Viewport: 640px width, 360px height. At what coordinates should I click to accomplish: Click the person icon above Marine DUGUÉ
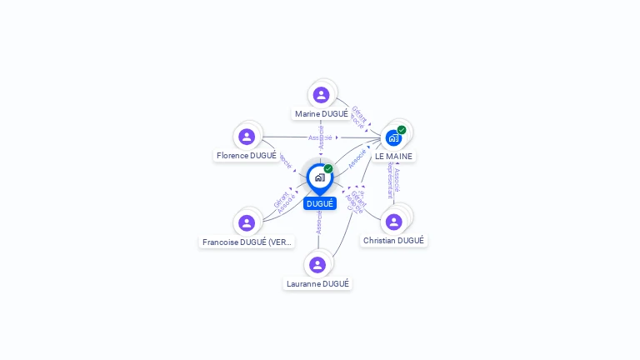(x=322, y=94)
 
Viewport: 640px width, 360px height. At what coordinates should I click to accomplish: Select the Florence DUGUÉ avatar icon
(x=247, y=137)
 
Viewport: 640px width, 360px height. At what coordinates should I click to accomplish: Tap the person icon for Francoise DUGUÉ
(x=247, y=222)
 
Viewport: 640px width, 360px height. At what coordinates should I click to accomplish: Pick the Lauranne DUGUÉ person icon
(x=317, y=265)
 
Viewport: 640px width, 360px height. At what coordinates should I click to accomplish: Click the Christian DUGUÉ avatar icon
(x=394, y=222)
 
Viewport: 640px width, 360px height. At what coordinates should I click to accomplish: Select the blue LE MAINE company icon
(x=393, y=137)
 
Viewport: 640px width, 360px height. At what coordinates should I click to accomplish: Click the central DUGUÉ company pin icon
(x=319, y=177)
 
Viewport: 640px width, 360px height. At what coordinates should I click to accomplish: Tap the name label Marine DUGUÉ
(x=322, y=114)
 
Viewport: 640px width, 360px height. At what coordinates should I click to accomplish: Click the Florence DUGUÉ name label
(x=247, y=156)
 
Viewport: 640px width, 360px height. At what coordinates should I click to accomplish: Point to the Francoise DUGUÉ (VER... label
(x=247, y=242)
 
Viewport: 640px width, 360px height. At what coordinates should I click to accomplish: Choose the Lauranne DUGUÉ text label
(x=317, y=284)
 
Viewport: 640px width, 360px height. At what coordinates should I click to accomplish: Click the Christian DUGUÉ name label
(x=393, y=241)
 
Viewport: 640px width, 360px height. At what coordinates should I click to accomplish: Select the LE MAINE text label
(x=393, y=157)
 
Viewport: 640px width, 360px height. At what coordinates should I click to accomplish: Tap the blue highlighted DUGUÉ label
(x=320, y=204)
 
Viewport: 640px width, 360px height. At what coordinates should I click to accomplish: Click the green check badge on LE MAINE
(x=402, y=130)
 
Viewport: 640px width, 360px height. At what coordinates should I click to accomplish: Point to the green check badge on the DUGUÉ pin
(x=328, y=169)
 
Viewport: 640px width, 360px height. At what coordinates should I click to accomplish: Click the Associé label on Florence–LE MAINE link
(x=320, y=137)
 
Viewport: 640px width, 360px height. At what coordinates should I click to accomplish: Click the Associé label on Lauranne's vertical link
(x=318, y=221)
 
